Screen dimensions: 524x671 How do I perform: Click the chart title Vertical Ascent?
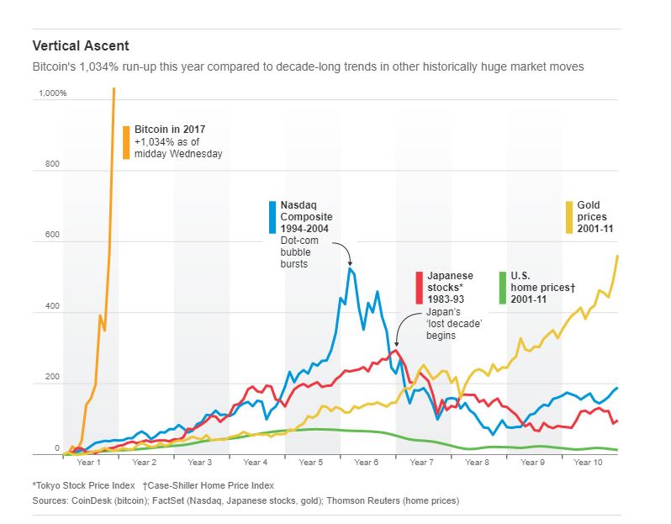81,45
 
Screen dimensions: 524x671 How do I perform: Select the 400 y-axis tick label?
53,307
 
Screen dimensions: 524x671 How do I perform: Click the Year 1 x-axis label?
88,463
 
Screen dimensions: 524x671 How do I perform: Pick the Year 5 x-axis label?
310,463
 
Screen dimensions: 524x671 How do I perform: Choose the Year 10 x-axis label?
588,463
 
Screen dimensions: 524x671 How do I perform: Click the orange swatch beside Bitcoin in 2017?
126,142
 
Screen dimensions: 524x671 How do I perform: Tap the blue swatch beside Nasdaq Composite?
272,217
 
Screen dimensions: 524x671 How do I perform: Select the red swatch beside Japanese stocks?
420,287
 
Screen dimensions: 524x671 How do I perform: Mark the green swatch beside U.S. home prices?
503,287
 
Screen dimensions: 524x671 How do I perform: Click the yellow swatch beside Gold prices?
569,217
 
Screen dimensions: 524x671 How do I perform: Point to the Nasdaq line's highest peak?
349,267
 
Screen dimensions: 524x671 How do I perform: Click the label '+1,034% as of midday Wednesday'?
178,148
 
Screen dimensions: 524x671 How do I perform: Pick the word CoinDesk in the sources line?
92,500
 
